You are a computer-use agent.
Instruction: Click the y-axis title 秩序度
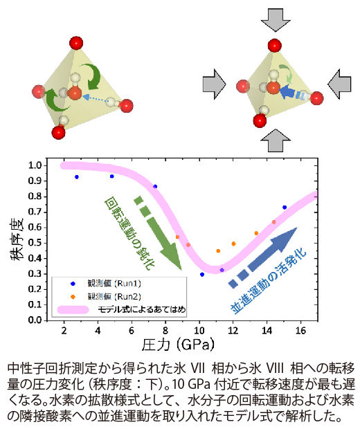pyautogui.click(x=17, y=239)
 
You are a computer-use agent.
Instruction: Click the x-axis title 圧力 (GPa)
pyautogui.click(x=177, y=344)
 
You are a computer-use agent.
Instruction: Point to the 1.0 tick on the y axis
pyautogui.click(x=35, y=165)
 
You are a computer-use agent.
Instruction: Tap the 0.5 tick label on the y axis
pyautogui.click(x=35, y=243)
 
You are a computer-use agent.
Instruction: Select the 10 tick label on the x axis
pyautogui.click(x=199, y=331)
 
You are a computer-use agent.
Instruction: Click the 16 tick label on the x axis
pyautogui.click(x=300, y=331)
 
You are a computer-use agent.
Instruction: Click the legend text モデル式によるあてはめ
pyautogui.click(x=141, y=309)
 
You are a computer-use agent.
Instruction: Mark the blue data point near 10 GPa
pyautogui.click(x=202, y=275)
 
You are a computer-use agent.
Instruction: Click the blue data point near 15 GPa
pyautogui.click(x=285, y=208)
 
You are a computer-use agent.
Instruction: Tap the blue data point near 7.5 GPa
pyautogui.click(x=155, y=186)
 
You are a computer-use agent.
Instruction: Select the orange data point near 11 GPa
pyautogui.click(x=218, y=251)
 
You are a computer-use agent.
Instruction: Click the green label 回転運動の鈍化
pyautogui.click(x=129, y=234)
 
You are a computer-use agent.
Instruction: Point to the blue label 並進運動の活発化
pyautogui.click(x=268, y=281)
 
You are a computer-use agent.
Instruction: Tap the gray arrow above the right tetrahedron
pyautogui.click(x=275, y=19)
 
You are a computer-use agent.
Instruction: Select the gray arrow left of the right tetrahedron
pyautogui.click(x=215, y=84)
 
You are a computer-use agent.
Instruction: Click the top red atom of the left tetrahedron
pyautogui.click(x=76, y=43)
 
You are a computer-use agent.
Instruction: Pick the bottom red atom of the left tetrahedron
pyautogui.click(x=59, y=132)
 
